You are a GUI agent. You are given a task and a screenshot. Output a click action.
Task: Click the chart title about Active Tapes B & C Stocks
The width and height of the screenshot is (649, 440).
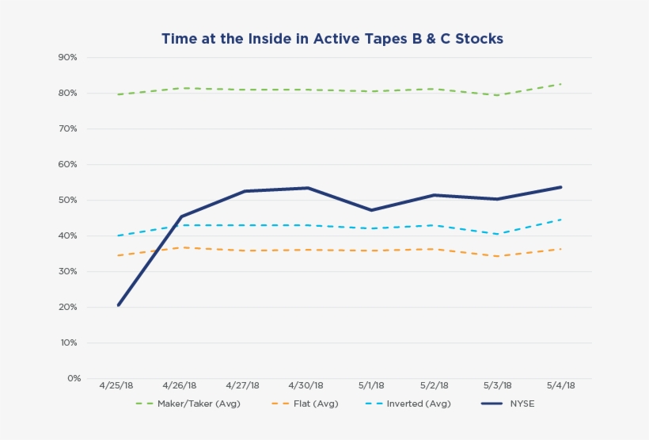coord(332,38)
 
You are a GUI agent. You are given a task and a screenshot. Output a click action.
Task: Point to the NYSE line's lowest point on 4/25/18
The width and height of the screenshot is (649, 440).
coord(119,304)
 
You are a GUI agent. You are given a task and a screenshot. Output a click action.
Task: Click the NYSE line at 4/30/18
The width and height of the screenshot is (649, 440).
coord(308,188)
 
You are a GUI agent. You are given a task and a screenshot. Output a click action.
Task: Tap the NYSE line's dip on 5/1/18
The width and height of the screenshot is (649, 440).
coord(371,210)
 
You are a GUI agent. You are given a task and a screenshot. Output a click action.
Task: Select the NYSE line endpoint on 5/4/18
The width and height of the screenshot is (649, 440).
coord(560,187)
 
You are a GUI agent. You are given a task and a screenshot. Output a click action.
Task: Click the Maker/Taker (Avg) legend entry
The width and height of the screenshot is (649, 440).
coord(188,404)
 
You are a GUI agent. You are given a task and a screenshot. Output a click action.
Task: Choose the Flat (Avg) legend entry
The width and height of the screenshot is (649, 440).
coord(305,404)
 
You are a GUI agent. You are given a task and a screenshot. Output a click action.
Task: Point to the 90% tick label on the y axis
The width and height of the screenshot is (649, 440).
coord(67,58)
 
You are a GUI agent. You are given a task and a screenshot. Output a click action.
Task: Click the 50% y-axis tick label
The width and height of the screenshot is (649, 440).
coord(67,201)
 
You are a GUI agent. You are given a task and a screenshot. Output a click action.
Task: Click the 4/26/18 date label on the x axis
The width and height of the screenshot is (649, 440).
coord(180,386)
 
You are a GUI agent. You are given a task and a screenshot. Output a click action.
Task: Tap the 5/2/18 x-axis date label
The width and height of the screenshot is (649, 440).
coord(434,386)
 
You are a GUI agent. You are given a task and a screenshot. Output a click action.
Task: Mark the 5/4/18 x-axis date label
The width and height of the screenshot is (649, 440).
coord(560,386)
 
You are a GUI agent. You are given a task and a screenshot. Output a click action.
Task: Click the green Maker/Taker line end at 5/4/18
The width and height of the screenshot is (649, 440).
coord(560,84)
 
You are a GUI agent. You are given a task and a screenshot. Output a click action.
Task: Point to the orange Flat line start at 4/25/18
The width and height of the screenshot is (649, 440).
coord(119,255)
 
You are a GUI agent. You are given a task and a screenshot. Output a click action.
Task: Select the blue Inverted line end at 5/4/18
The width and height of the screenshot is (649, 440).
coord(560,220)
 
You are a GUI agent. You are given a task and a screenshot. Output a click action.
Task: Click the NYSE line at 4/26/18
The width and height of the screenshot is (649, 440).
coord(181,216)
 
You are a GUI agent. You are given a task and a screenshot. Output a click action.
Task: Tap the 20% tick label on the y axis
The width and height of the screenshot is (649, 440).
coord(67,308)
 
